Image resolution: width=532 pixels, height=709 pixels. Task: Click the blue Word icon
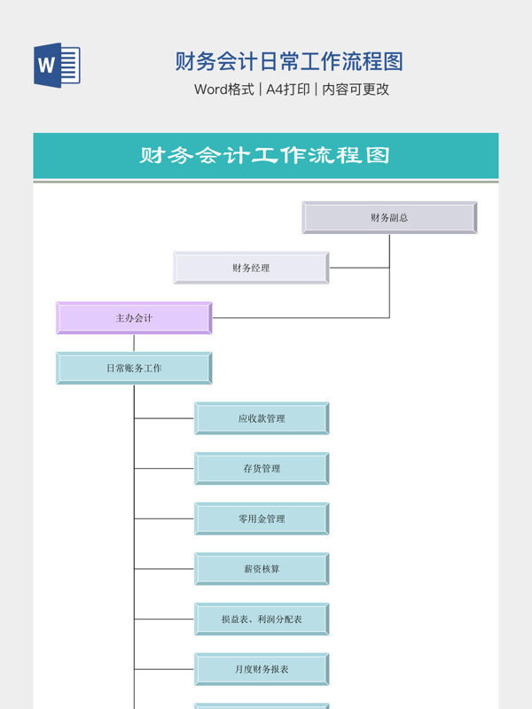[x=57, y=65]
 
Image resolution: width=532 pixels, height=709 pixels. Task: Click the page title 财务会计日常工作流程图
[x=289, y=61]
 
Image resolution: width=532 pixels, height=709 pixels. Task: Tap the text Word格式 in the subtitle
[x=224, y=90]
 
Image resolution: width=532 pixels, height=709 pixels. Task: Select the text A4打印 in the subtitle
[x=287, y=90]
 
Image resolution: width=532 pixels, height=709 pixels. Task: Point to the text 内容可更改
[x=356, y=90]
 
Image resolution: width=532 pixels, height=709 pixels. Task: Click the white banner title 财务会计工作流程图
[x=265, y=156]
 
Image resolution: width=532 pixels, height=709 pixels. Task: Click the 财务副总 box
[x=389, y=217]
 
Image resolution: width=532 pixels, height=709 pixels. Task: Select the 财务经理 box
[x=251, y=268]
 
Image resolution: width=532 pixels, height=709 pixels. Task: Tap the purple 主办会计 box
[x=134, y=317]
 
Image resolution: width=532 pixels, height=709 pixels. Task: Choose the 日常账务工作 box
[x=134, y=368]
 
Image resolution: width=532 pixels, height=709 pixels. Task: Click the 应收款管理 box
[x=262, y=418]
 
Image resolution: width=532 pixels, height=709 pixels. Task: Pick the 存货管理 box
[x=262, y=469]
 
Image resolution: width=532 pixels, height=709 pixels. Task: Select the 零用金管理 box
[x=262, y=518]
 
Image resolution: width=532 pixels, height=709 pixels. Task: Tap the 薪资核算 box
[x=262, y=569]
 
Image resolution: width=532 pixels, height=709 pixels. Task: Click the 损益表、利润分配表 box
[x=262, y=619]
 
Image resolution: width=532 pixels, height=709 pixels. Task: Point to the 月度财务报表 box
[x=262, y=669]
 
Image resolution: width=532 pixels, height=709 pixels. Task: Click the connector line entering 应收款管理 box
[x=164, y=418]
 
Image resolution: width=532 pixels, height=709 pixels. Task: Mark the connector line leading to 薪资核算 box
[x=164, y=569]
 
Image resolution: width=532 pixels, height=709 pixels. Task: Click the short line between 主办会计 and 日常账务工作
[x=135, y=343]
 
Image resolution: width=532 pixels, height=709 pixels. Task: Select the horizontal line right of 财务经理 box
[x=358, y=268]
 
